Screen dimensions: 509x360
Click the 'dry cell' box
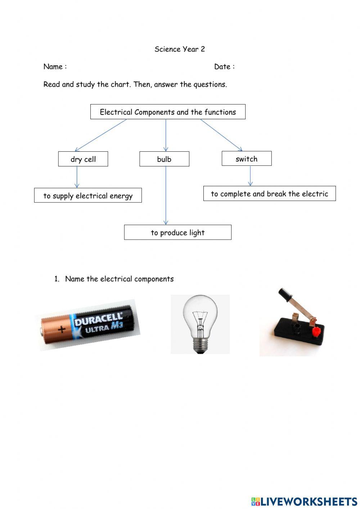(x=83, y=159)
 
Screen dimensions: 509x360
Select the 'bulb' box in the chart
(x=164, y=159)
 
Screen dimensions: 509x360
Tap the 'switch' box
(x=246, y=158)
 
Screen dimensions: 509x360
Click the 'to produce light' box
(x=177, y=232)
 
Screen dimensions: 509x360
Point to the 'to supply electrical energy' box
(x=88, y=195)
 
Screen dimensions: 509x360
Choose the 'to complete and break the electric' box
(x=269, y=193)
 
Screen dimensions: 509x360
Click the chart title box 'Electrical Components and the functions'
(x=168, y=112)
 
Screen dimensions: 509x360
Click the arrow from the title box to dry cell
(x=101, y=135)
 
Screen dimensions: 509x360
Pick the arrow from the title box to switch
(x=221, y=135)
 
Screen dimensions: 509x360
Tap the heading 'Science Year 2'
(x=180, y=49)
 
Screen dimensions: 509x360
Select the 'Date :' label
(x=224, y=66)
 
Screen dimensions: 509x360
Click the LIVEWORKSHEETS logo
(x=304, y=501)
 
